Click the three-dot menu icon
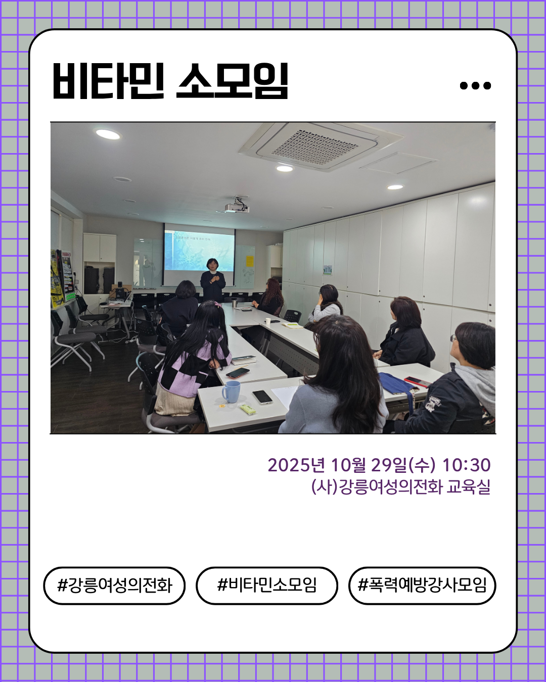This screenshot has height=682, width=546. [x=475, y=85]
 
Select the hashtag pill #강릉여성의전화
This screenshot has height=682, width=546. [x=115, y=586]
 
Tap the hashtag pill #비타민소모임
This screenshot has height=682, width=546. [x=267, y=586]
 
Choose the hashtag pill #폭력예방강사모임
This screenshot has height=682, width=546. [x=422, y=586]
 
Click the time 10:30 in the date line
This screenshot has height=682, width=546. [x=466, y=465]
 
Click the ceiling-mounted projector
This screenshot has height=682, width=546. [x=237, y=206]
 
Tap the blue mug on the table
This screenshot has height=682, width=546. [x=232, y=392]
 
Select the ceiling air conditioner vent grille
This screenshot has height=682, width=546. [x=315, y=146]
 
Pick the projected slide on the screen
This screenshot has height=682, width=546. [x=199, y=250]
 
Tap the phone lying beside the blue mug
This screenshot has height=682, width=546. [x=262, y=397]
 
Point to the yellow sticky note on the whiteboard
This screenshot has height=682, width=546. [x=249, y=261]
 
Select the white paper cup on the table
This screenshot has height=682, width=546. [x=268, y=321]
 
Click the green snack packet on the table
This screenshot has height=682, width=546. [x=248, y=409]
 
